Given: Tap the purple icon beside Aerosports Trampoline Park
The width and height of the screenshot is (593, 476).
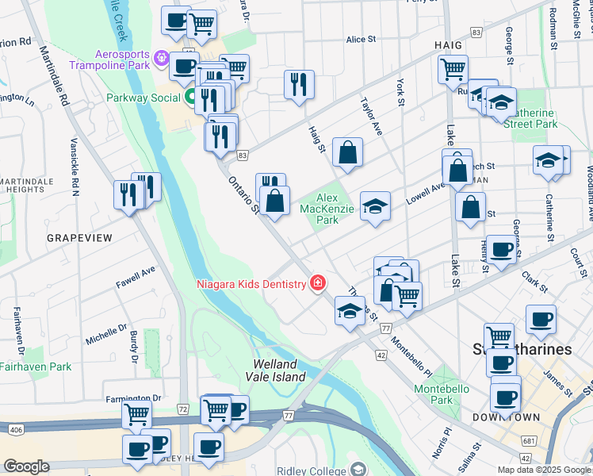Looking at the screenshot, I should tap(163, 58).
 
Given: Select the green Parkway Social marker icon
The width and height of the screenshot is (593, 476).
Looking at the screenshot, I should tap(190, 98).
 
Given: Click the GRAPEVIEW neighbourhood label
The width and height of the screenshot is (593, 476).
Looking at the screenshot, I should tap(79, 238).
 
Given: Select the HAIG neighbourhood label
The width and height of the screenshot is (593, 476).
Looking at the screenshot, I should tap(448, 46).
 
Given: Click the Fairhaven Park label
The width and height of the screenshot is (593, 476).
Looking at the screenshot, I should tap(36, 367).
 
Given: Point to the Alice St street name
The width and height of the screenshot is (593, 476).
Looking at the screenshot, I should tap(361, 40).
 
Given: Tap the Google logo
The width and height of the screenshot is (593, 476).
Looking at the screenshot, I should tap(25, 466).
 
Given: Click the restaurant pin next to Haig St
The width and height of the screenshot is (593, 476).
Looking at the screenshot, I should tap(299, 84).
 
